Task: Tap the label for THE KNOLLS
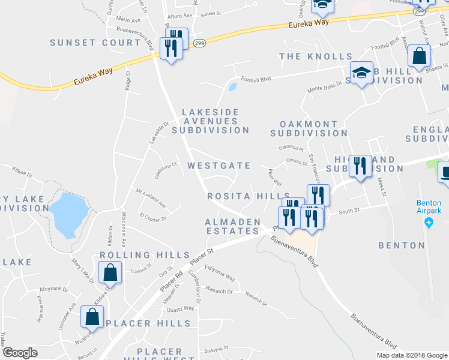pyautogui.click(x=316, y=56)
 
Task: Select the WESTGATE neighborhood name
pyautogui.click(x=219, y=165)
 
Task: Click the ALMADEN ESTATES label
pyautogui.click(x=233, y=226)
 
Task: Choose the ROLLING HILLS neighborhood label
pyautogui.click(x=144, y=255)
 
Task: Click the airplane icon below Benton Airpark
pyautogui.click(x=429, y=223)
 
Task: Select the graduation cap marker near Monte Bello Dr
pyautogui.click(x=361, y=73)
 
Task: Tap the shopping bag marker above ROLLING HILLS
pyautogui.click(x=111, y=272)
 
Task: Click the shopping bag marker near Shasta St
pyautogui.click(x=420, y=56)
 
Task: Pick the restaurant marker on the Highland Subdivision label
pyautogui.click(x=360, y=166)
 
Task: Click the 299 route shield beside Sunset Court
pyautogui.click(x=200, y=43)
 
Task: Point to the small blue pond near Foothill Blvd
pyautogui.click(x=232, y=86)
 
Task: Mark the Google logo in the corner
pyautogui.click(x=20, y=353)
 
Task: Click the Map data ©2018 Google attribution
pyautogui.click(x=411, y=355)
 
